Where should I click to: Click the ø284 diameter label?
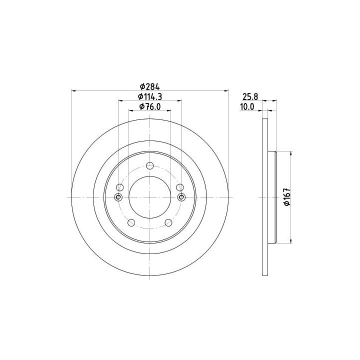point(149,87)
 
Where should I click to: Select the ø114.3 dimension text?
point(149,96)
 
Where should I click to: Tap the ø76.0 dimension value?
point(149,106)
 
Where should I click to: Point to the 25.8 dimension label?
point(250,96)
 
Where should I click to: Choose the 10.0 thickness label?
point(247,107)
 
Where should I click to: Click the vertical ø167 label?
point(287,197)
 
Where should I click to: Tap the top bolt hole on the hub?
point(149,165)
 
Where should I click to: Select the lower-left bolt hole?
point(131,222)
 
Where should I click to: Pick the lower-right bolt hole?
point(168,222)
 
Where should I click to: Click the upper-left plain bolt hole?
point(120,187)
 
